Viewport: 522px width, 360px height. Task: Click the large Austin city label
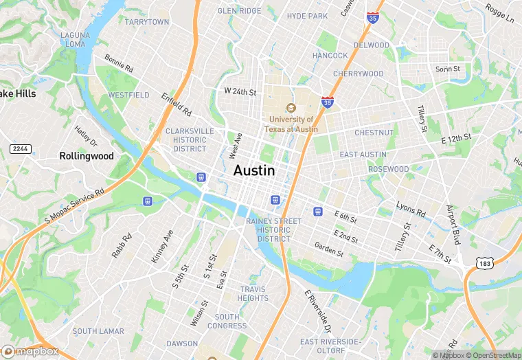coord(254,171)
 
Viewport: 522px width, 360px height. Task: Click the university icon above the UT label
coord(291,108)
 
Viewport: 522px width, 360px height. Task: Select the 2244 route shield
coord(20,149)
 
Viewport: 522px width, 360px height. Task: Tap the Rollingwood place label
coord(86,156)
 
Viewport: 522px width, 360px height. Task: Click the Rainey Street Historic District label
coord(273,229)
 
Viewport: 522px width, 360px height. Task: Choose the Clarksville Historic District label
coord(190,139)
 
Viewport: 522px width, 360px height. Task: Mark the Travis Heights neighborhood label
coord(253,293)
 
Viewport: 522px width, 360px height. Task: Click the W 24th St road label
coord(240,91)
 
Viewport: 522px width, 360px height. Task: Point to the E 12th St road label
coord(456,139)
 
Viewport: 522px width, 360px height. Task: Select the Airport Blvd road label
coord(453,225)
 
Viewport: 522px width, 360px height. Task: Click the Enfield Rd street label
coord(177,104)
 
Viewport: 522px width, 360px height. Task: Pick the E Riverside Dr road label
coord(318,311)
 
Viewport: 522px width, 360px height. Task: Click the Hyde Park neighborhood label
coord(307,16)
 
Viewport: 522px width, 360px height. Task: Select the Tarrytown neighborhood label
coord(147,22)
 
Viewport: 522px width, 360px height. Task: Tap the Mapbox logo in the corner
coord(30,351)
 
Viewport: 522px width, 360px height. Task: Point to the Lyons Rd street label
coord(411,208)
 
